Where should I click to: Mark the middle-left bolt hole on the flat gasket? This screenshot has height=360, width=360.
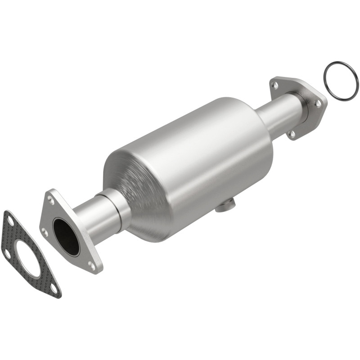8,253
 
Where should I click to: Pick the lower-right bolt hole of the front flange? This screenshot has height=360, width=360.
92,265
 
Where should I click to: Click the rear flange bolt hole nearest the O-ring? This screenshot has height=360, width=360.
318,103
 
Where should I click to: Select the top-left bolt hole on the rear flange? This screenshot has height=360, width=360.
275,84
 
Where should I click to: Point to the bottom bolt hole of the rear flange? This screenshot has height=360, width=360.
292,133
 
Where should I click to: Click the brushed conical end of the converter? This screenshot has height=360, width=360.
135,189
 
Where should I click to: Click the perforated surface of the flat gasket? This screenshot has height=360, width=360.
43,274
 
